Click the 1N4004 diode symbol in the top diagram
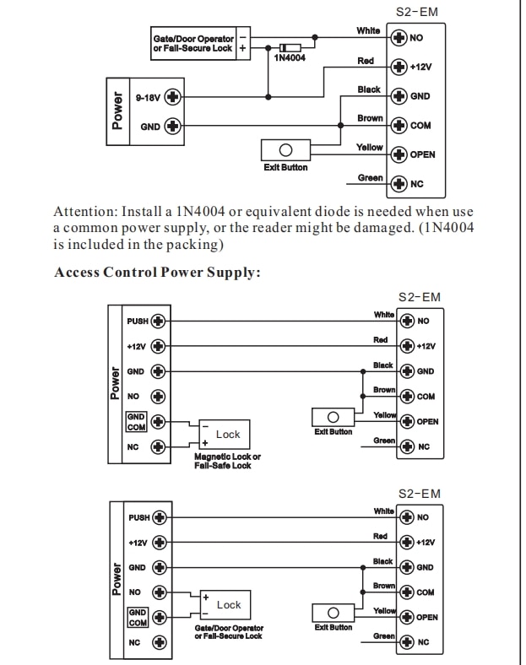pos(290,48)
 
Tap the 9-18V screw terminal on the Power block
pos(172,97)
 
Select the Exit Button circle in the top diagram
pos(286,150)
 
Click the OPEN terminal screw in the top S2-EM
pos(399,154)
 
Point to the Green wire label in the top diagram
pos(370,178)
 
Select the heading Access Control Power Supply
pos(157,272)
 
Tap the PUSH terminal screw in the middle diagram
pos(158,321)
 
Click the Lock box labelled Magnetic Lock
pos(225,435)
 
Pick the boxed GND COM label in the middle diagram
pos(136,422)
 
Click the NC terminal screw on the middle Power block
pos(158,447)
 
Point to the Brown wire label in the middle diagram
pos(384,390)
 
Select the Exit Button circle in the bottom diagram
pos(333,613)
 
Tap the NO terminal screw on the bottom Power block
pos(160,592)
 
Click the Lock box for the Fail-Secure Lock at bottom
pos(225,605)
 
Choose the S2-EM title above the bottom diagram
pos(419,494)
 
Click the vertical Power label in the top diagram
pos(117,111)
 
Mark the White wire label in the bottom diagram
pos(383,511)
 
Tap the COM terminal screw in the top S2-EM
pos(399,126)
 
